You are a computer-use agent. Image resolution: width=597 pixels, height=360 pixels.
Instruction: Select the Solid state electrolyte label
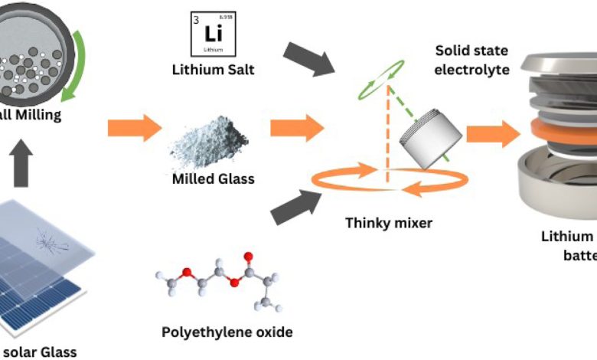click(x=468, y=60)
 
